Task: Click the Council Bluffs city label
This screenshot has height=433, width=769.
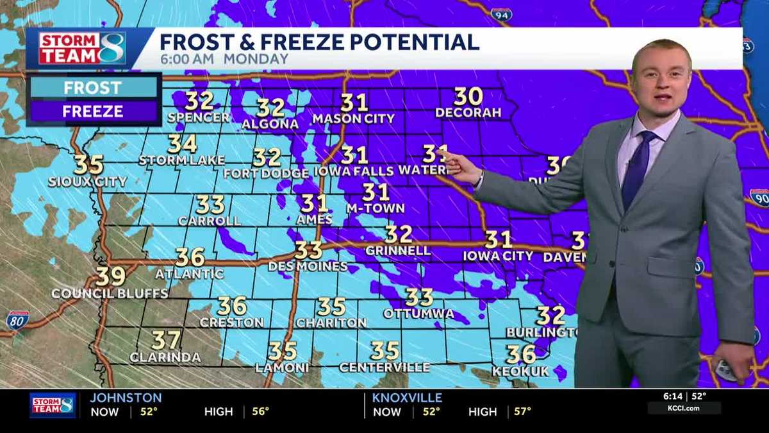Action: [110, 293]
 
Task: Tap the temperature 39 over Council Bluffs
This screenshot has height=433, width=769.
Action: [110, 277]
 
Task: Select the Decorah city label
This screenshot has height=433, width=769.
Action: [468, 113]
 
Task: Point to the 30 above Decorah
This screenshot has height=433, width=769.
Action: [468, 97]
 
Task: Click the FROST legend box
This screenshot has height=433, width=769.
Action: [93, 87]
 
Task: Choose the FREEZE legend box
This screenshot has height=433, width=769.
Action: [93, 112]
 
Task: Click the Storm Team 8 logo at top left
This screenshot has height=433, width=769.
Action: [82, 48]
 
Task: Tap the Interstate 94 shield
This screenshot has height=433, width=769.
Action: [501, 14]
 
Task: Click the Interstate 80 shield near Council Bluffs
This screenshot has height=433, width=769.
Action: [17, 320]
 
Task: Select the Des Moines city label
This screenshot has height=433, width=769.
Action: [308, 266]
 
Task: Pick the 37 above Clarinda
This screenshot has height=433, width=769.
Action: [166, 340]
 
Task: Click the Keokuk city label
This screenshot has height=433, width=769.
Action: [521, 371]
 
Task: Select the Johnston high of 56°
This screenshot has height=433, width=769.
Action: [260, 411]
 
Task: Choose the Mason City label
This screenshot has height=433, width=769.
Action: [353, 119]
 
